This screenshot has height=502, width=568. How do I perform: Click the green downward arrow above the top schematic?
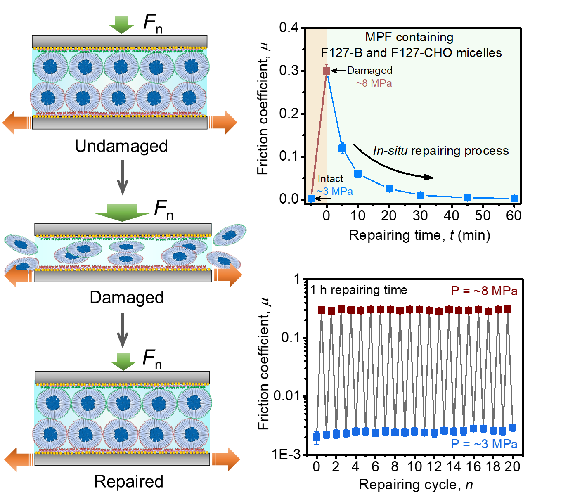point(121,24)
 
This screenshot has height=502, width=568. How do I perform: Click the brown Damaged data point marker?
point(327,71)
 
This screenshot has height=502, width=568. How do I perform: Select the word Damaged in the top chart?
point(369,71)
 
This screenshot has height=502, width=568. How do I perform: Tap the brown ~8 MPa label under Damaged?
point(374,83)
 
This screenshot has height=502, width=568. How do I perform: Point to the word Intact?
point(330,179)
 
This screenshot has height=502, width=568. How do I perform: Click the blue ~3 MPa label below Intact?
point(335,192)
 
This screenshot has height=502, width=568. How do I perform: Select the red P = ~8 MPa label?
point(484,291)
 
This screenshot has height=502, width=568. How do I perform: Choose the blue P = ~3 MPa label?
point(484,444)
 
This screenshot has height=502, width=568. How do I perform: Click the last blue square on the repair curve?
point(514,198)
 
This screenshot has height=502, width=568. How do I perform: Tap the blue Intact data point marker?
point(311,199)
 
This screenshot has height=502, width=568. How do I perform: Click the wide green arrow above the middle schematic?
point(122,212)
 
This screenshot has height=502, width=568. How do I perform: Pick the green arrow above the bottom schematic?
point(123,361)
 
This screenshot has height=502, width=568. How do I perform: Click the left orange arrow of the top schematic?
point(17,123)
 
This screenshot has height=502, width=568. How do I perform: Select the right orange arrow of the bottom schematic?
point(226,459)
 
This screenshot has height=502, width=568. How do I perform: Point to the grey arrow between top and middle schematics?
point(123,178)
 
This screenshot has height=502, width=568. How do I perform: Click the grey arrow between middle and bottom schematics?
point(123,330)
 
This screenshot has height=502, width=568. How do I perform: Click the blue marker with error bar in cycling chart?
point(317,438)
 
